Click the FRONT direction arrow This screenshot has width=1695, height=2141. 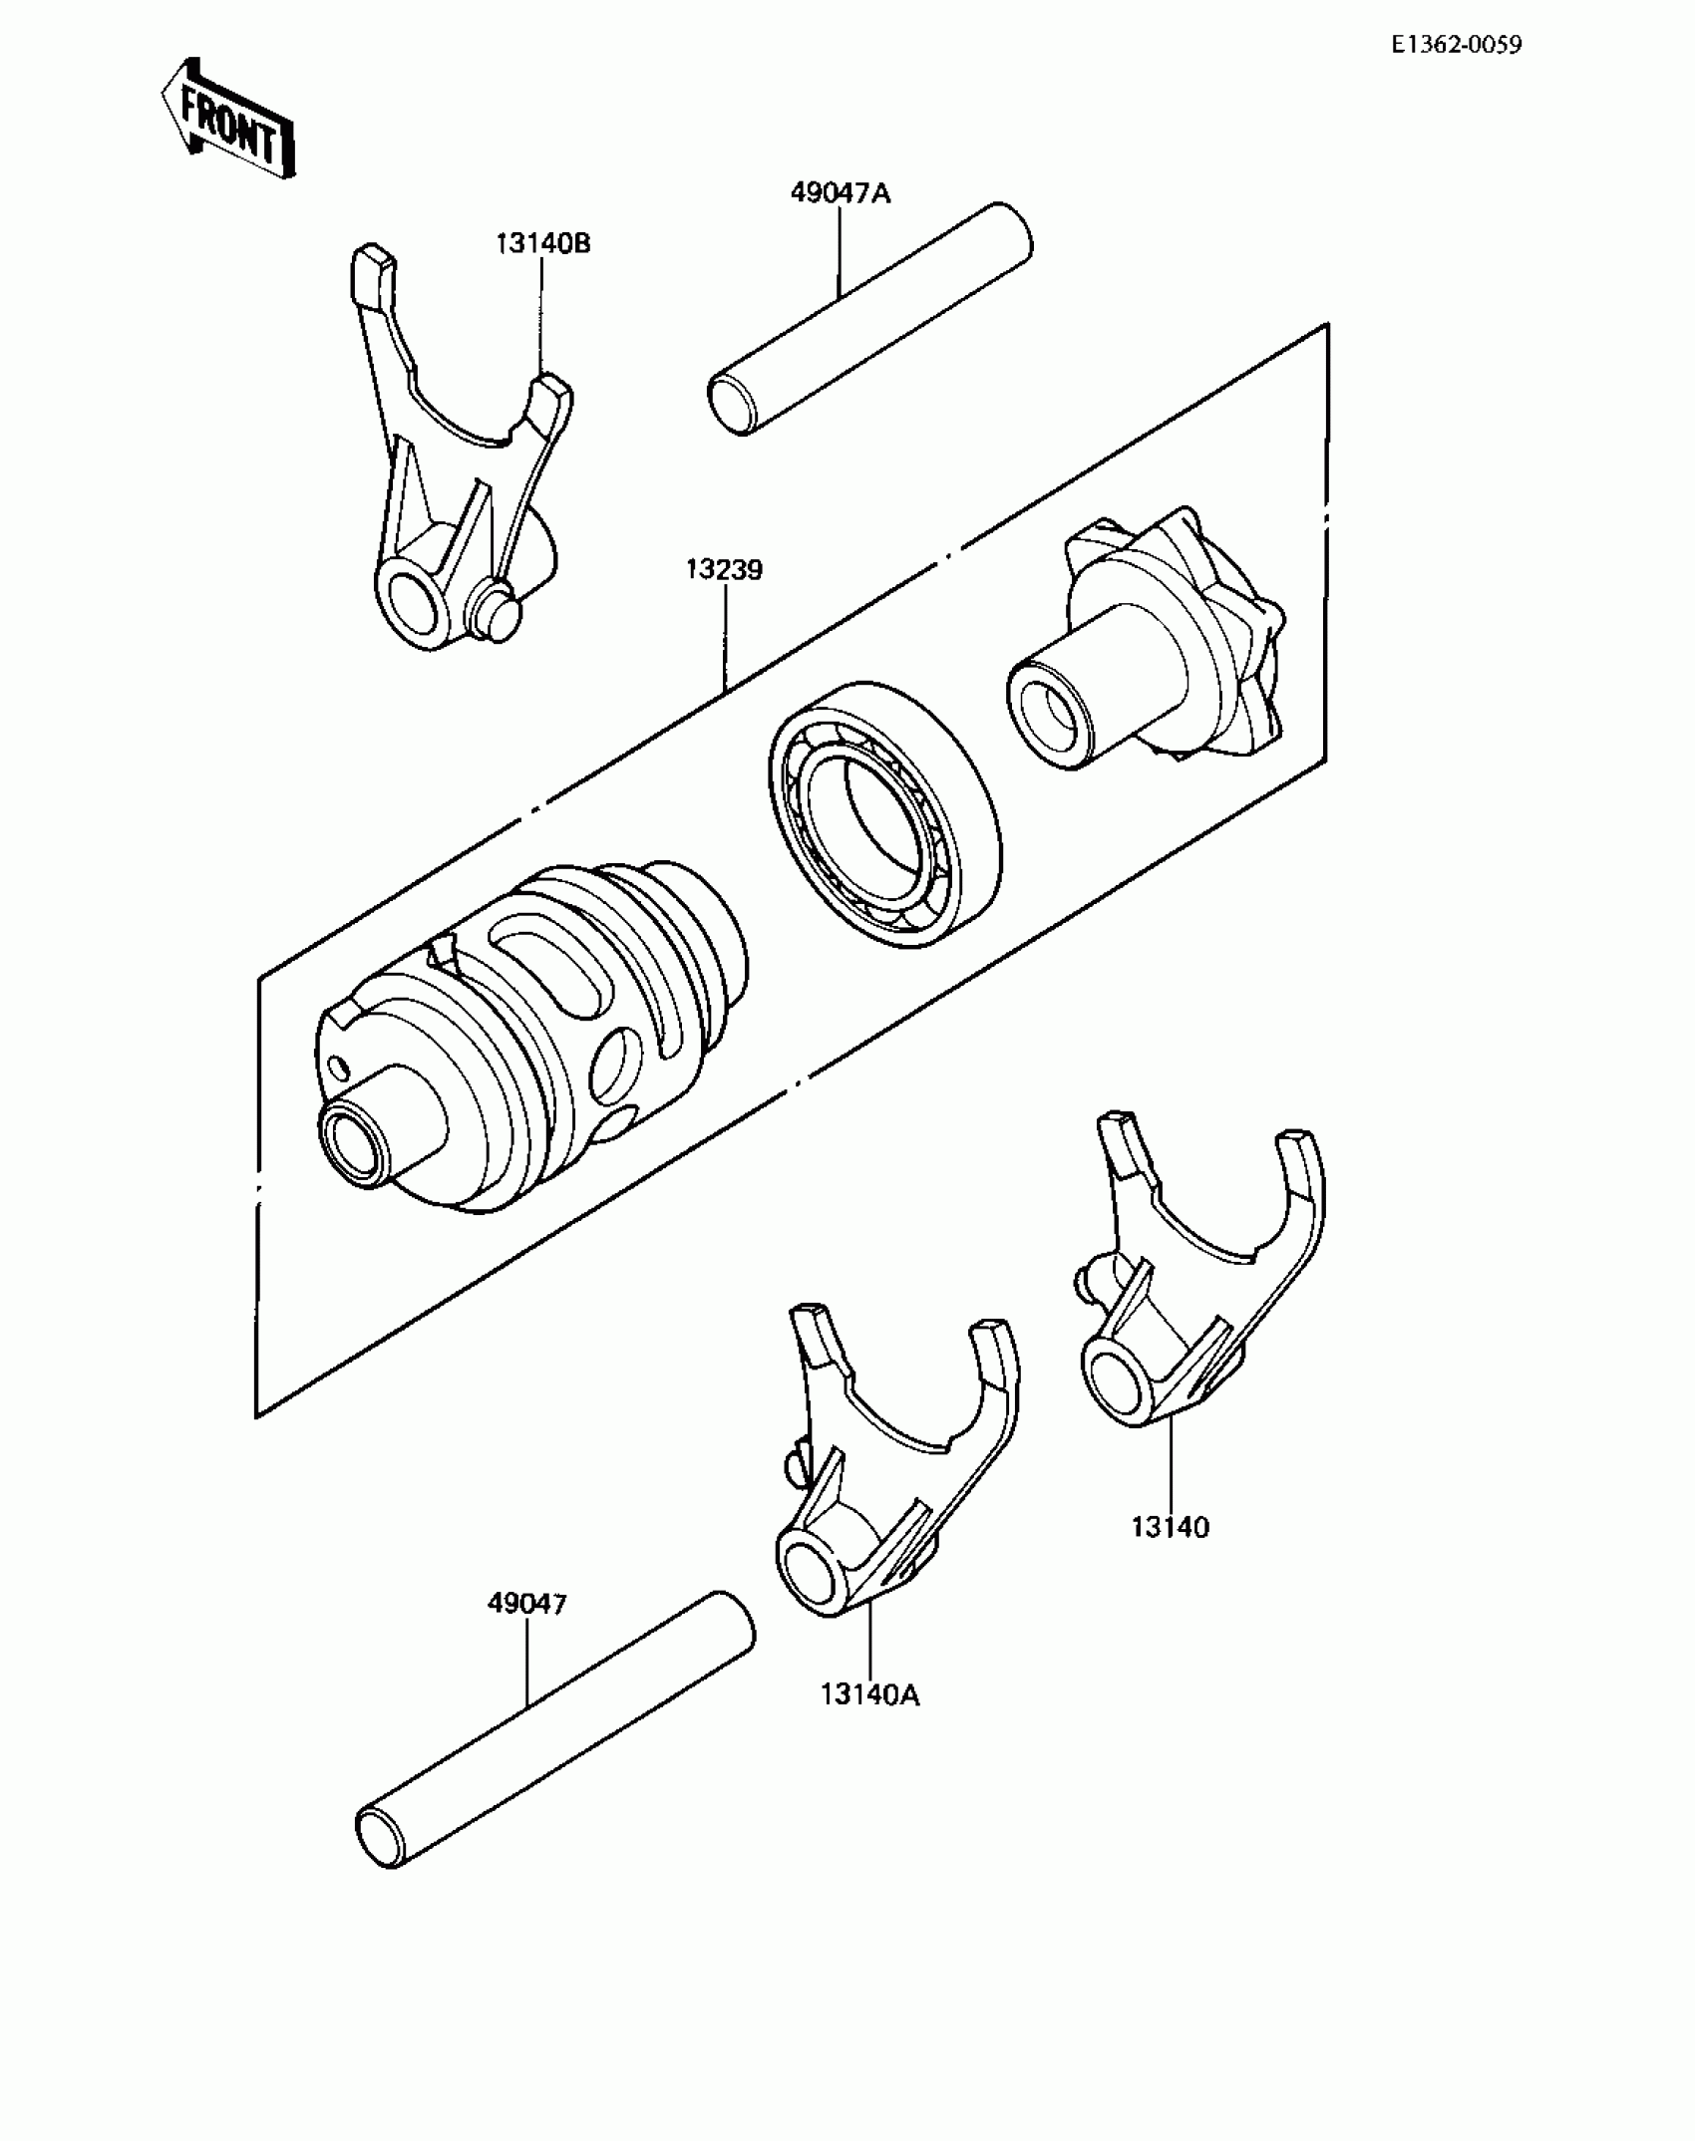coord(228,120)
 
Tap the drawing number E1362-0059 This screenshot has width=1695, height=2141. coord(1458,45)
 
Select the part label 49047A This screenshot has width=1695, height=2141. coord(840,192)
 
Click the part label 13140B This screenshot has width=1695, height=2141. coord(543,243)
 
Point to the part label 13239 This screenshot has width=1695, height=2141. coord(724,571)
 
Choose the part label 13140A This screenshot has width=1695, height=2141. coord(869,1694)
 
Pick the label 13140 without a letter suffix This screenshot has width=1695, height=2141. coord(1170,1527)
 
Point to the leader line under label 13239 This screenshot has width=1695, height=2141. coord(725,638)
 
